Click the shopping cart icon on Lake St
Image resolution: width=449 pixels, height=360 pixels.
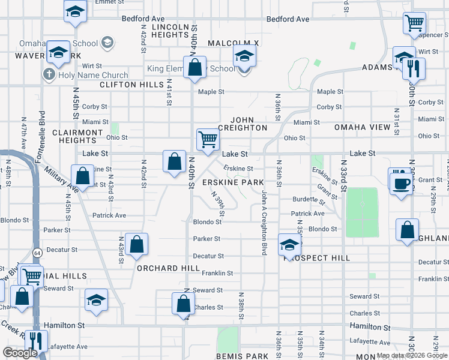(208, 139)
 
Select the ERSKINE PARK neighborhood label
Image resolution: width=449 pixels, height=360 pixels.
(233, 182)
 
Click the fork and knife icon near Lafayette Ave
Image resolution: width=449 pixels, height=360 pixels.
(37, 341)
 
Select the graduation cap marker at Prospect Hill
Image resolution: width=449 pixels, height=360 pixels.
(289, 244)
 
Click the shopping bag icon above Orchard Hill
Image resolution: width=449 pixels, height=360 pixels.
(137, 244)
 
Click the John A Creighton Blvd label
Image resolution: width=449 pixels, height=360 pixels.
(264, 222)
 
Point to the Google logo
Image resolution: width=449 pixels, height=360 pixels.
(20, 353)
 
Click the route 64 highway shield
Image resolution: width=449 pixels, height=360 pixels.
(37, 253)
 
